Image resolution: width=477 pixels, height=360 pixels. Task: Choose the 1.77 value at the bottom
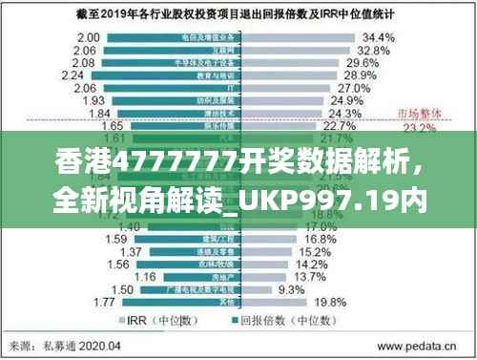pyautogui.click(x=106, y=302)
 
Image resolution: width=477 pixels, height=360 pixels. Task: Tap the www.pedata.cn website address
pyautogui.click(x=415, y=346)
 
